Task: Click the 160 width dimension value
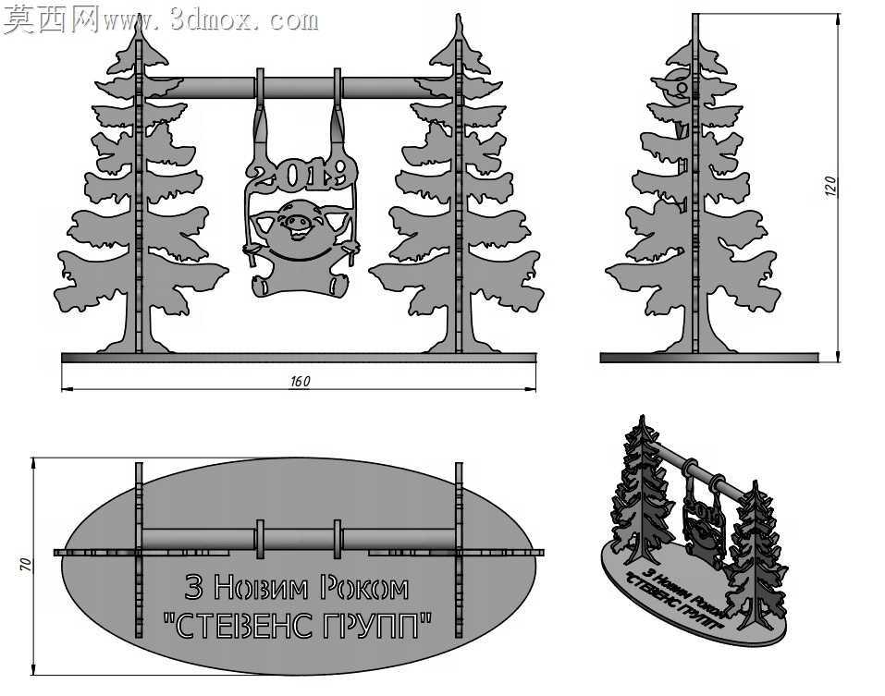coord(300,382)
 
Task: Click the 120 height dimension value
coord(830,186)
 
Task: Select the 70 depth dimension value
coord(26,565)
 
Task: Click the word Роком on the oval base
coord(364,588)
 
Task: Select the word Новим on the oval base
coord(262,588)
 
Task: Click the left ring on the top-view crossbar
coord(260,539)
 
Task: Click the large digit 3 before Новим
coord(194,587)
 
